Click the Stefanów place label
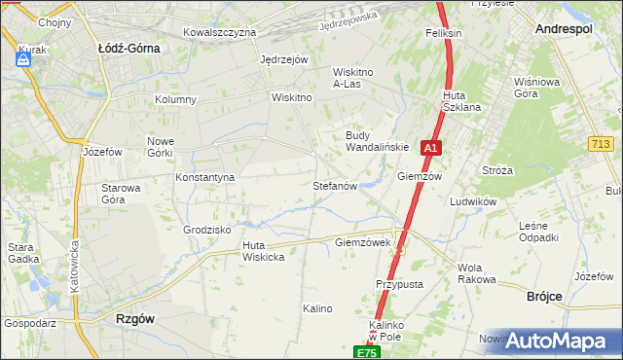tap(336, 185)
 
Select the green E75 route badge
tap(365, 352)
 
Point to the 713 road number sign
tap(601, 144)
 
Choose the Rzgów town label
tap(136, 318)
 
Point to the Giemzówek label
tap(362, 241)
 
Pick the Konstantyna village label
tap(204, 178)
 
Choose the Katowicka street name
tap(73, 269)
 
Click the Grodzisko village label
tap(206, 230)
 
